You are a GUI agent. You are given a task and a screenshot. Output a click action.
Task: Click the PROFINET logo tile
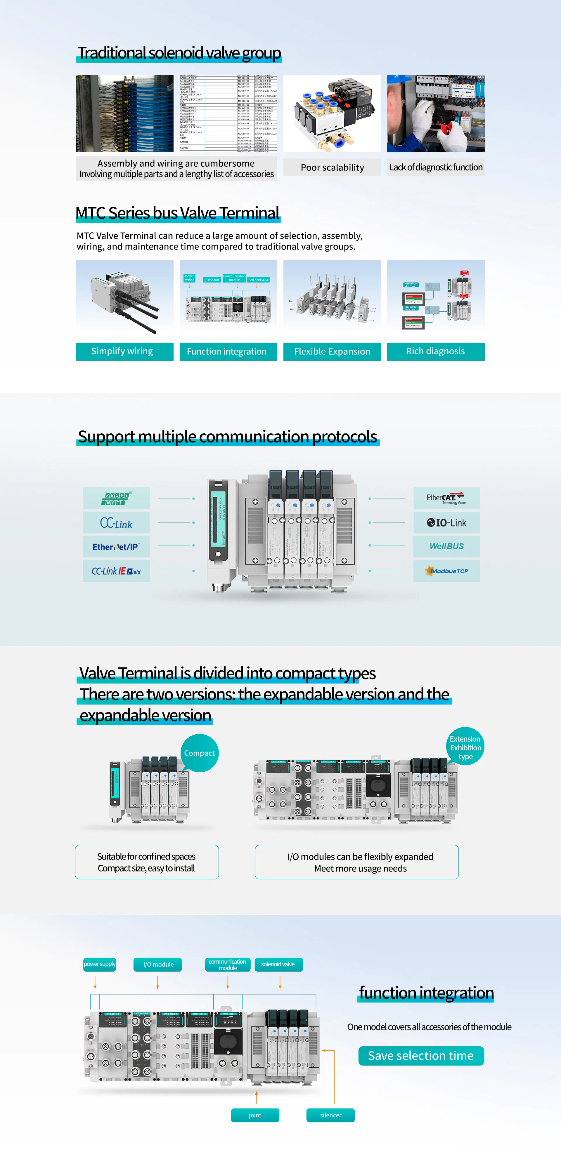pyautogui.click(x=116, y=498)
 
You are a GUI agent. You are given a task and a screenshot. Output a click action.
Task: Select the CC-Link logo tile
pyautogui.click(x=116, y=523)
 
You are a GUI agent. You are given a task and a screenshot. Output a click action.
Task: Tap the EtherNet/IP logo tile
pyautogui.click(x=116, y=547)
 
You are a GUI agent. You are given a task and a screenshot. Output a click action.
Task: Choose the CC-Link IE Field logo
pyautogui.click(x=116, y=571)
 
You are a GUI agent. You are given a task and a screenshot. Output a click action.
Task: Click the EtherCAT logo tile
pyautogui.click(x=446, y=498)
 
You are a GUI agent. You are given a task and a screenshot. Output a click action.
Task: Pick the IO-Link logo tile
pyautogui.click(x=446, y=522)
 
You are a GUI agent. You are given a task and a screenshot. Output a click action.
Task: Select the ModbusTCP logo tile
pyautogui.click(x=446, y=571)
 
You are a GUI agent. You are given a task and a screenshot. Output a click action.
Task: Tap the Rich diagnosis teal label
pyautogui.click(x=435, y=351)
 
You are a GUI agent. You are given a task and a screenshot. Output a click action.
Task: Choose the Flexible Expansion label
pyautogui.click(x=332, y=351)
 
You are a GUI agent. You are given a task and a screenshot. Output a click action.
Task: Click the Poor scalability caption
pyautogui.click(x=332, y=167)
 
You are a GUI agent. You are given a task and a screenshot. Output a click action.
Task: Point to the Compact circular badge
pyautogui.click(x=200, y=753)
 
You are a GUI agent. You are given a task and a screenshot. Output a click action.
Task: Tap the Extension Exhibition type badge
pyautogui.click(x=465, y=747)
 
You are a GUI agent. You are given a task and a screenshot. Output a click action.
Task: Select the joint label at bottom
pyautogui.click(x=255, y=1115)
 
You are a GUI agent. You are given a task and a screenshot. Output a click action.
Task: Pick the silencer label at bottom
pyautogui.click(x=330, y=1115)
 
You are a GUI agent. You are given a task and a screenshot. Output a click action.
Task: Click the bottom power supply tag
pyautogui.click(x=100, y=964)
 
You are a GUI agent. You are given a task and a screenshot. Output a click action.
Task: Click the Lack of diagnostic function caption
pyautogui.click(x=435, y=167)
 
